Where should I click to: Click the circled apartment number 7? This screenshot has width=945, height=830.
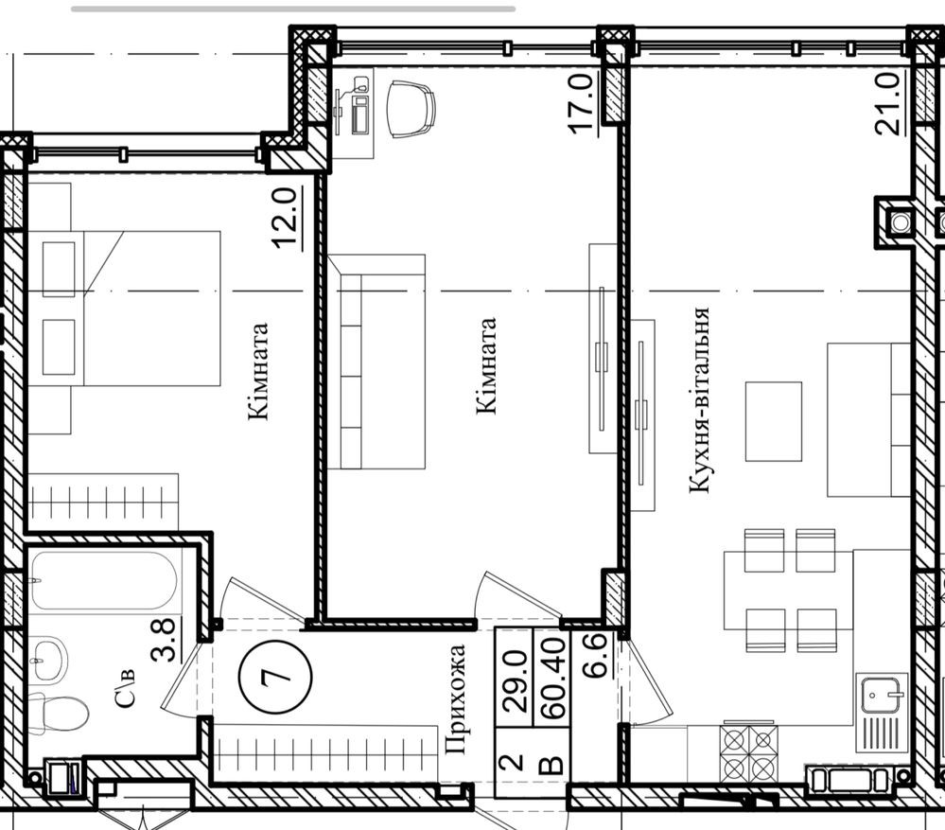[x=275, y=676]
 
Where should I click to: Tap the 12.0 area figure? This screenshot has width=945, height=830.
[x=285, y=219]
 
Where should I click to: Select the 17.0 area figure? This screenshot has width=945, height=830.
[x=580, y=103]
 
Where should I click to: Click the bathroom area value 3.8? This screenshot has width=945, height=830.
[x=164, y=640]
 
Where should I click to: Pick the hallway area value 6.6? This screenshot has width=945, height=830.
[x=597, y=657]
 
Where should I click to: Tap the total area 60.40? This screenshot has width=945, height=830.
[x=552, y=679]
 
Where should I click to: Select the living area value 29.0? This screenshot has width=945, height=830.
[x=515, y=681]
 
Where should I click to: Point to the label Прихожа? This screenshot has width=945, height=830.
[x=455, y=699]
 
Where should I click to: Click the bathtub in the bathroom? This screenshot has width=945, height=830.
[x=105, y=581]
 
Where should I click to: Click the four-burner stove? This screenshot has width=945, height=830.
[x=748, y=753]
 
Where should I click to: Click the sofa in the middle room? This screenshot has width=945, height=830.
[x=376, y=362]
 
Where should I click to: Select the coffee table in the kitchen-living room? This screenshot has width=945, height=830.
[x=774, y=421]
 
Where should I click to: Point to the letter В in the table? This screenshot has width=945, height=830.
[x=551, y=765]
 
